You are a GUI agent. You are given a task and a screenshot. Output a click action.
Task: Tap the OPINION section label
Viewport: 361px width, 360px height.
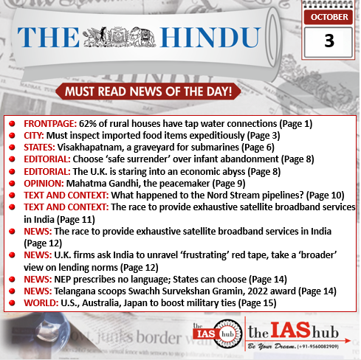pos(41,182)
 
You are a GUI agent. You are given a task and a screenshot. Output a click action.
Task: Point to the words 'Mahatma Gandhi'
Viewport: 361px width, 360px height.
pos(100,182)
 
